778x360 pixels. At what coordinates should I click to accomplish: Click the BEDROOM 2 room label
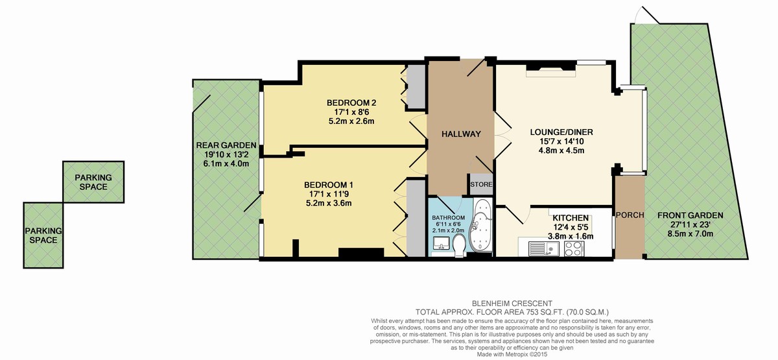pyautogui.click(x=351, y=102)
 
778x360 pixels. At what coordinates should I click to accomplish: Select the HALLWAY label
pyautogui.click(x=460, y=134)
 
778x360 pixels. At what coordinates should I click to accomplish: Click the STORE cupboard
pyautogui.click(x=480, y=184)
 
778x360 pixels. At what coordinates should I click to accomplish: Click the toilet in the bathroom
pyautogui.click(x=458, y=245)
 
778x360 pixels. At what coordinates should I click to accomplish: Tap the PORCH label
pyautogui.click(x=629, y=215)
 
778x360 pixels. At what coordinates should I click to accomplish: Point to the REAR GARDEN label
pyautogui.click(x=226, y=145)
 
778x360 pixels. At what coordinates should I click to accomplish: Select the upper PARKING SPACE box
pyautogui.click(x=93, y=182)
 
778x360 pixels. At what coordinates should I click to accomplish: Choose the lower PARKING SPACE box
pyautogui.click(x=43, y=234)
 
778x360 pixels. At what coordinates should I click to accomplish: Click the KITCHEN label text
pyautogui.click(x=570, y=217)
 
